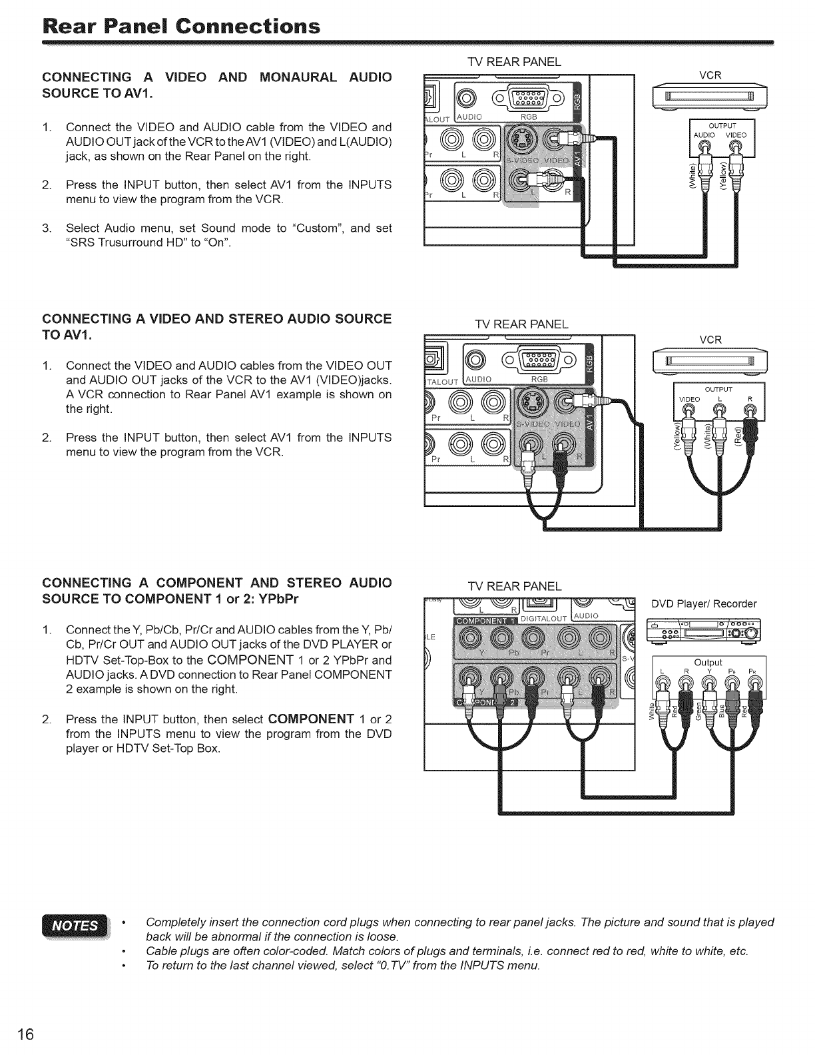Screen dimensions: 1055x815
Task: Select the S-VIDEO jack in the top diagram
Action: coord(519,142)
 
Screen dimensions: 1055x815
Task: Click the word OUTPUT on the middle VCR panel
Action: coord(719,389)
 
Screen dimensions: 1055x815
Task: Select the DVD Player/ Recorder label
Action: coord(704,604)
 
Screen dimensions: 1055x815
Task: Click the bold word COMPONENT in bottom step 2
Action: coord(310,719)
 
